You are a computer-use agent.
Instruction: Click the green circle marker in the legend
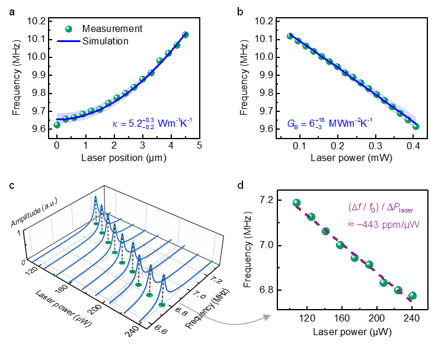(68, 29)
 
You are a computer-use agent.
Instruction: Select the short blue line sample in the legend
(68, 41)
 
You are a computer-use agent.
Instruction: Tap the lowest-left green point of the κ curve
(57, 124)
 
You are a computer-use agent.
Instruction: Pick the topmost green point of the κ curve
(186, 35)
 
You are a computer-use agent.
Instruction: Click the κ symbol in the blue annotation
(115, 124)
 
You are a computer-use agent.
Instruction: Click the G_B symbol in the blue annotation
(292, 124)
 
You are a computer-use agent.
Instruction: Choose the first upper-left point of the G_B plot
(290, 36)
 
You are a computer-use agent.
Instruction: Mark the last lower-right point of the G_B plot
(416, 126)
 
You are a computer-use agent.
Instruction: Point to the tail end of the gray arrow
(180, 304)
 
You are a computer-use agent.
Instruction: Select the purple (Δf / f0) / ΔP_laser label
(381, 208)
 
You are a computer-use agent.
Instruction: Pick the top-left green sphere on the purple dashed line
(297, 203)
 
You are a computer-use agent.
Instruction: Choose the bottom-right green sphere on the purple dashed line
(413, 295)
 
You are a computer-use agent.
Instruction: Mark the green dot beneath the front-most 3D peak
(162, 304)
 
